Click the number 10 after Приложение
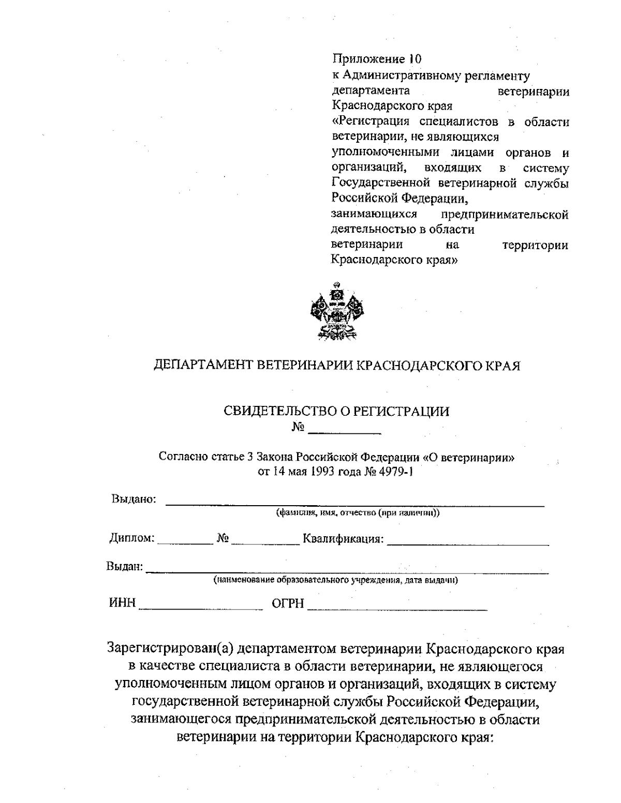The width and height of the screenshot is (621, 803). click(x=416, y=58)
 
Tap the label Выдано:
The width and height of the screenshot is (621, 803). click(x=134, y=499)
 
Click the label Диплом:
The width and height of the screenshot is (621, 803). click(x=131, y=538)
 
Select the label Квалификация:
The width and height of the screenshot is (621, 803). click(x=344, y=539)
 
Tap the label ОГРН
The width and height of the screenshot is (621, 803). click(x=288, y=603)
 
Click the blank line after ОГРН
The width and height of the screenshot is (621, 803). click(x=397, y=609)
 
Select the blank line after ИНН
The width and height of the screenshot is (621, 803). click(x=201, y=609)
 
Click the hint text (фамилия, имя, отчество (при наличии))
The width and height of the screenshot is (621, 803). click(x=358, y=513)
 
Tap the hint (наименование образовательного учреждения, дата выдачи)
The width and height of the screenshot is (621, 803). click(x=336, y=580)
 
